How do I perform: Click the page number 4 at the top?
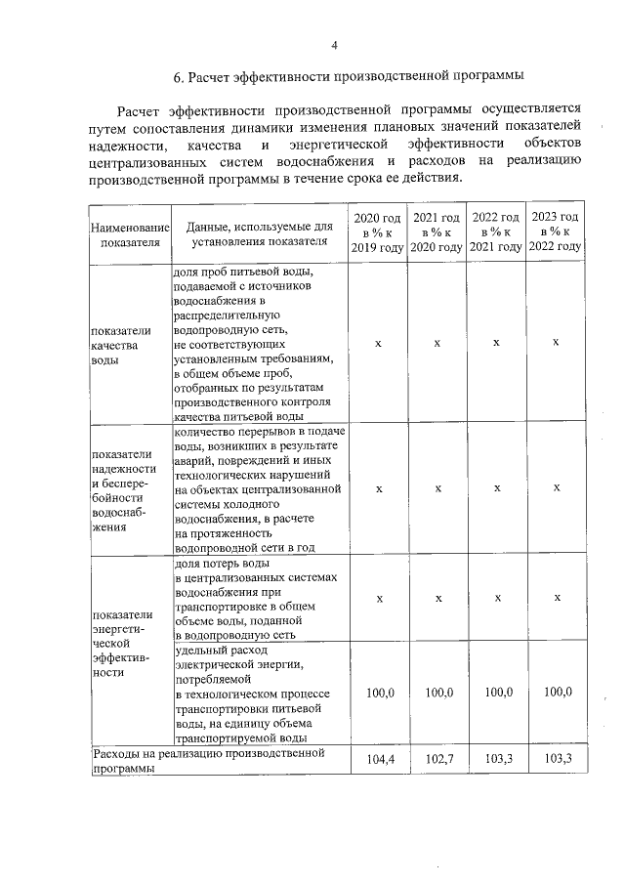pyautogui.click(x=334, y=45)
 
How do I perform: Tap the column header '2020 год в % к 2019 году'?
pyautogui.click(x=378, y=232)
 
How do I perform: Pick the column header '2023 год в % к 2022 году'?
pyautogui.click(x=556, y=232)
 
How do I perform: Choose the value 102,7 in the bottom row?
pyautogui.click(x=437, y=759)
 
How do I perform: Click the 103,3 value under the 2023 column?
pyautogui.click(x=556, y=759)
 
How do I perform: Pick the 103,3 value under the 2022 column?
pyautogui.click(x=496, y=759)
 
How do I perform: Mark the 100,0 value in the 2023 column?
pyautogui.click(x=556, y=693)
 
